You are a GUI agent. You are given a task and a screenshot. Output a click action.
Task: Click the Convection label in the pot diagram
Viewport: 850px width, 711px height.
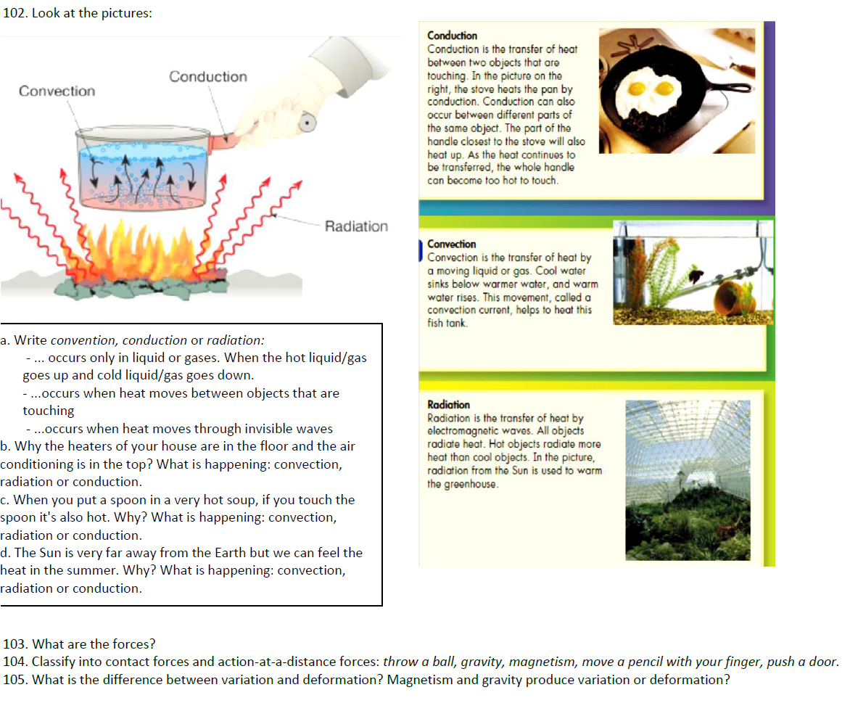(x=57, y=91)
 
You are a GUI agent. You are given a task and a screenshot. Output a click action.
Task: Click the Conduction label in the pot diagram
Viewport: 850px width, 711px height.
(x=207, y=76)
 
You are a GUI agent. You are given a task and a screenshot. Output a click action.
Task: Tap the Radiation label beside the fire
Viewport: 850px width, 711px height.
(x=356, y=226)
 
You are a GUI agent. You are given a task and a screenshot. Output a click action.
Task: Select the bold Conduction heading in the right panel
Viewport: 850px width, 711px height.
(x=452, y=36)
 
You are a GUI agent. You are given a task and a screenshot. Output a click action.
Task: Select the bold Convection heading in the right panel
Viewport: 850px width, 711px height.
(x=452, y=244)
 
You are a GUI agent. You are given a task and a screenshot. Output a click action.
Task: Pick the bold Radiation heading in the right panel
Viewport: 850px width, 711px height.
(x=449, y=405)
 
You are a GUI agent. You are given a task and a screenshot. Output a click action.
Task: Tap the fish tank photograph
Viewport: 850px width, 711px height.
(x=693, y=273)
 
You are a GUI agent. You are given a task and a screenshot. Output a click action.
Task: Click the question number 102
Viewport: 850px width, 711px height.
(x=16, y=14)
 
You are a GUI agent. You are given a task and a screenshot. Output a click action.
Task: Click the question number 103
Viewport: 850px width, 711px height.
(x=15, y=644)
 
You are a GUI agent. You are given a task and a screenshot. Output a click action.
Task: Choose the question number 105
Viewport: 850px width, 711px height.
(x=15, y=680)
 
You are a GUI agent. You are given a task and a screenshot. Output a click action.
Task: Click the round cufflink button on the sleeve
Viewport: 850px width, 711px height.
(x=310, y=123)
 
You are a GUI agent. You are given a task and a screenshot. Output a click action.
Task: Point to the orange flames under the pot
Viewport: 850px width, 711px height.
(x=145, y=250)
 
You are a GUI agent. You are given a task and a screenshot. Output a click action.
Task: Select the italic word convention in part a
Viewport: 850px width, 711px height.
(x=82, y=340)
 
